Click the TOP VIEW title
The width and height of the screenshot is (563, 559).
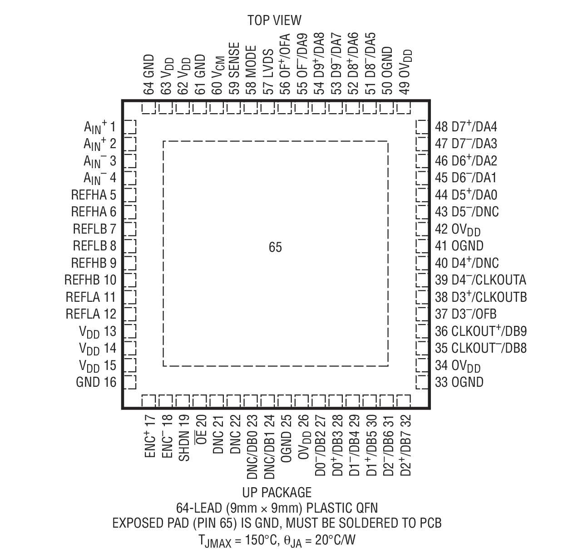tap(274, 20)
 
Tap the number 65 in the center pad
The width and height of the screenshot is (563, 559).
tap(275, 247)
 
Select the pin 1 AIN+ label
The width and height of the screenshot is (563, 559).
tap(100, 127)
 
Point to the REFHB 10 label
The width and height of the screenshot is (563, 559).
tap(90, 280)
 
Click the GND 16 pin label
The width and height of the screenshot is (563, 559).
tap(96, 382)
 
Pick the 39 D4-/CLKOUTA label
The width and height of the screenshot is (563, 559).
tap(480, 280)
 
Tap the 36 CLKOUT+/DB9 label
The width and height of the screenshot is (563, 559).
tap(481, 331)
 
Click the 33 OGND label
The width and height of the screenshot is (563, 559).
tap(459, 382)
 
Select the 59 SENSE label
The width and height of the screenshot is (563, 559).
tap(234, 69)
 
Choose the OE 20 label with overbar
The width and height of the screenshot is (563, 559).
tap(201, 432)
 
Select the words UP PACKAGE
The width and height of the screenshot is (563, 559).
tap(277, 493)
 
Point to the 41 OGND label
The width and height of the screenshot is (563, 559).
tap(459, 246)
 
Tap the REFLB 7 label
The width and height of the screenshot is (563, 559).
tap(94, 229)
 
